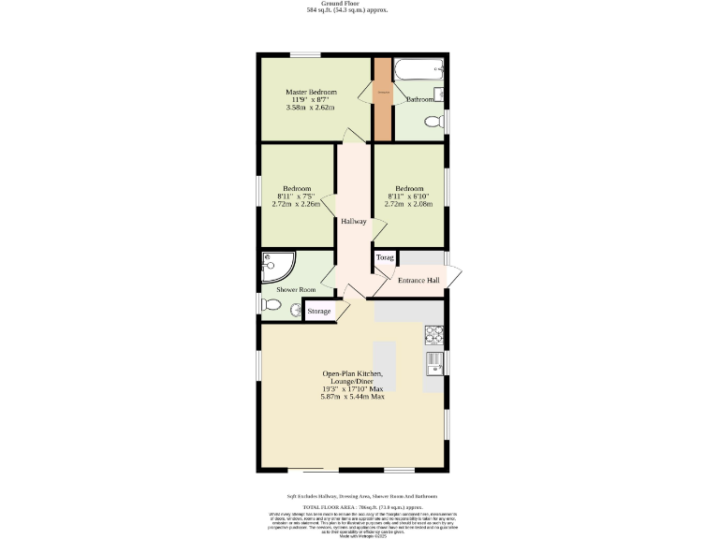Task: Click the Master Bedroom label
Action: [x=311, y=93]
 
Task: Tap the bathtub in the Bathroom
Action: [x=418, y=71]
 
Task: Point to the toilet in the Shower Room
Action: [x=271, y=304]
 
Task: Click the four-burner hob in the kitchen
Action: [x=434, y=333]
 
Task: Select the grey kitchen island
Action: [x=385, y=366]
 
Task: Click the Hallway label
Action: [x=353, y=222]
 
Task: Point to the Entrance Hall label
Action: [x=418, y=281]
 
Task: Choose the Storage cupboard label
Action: [x=319, y=311]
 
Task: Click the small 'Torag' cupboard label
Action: [x=385, y=257]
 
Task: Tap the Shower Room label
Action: [x=295, y=290]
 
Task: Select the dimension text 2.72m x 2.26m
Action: [x=296, y=204]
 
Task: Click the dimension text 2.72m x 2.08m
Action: [x=408, y=204]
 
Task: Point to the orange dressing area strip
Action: [x=383, y=98]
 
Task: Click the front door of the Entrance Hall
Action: [x=455, y=277]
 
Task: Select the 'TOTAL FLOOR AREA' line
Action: [x=359, y=505]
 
